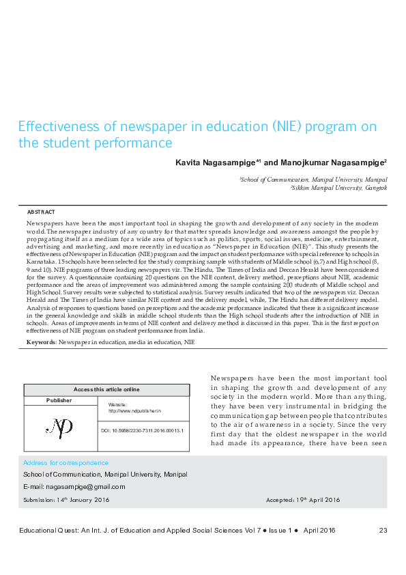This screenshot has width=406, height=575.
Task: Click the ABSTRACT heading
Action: point(41,212)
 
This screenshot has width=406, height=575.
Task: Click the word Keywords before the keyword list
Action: point(41,341)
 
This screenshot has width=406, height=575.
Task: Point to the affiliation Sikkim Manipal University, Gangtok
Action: point(339,187)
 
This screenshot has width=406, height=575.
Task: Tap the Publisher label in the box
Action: point(59,400)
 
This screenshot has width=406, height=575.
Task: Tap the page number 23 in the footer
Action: point(383,531)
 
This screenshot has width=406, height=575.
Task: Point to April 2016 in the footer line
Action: point(319,531)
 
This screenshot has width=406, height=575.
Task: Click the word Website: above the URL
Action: point(118,405)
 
